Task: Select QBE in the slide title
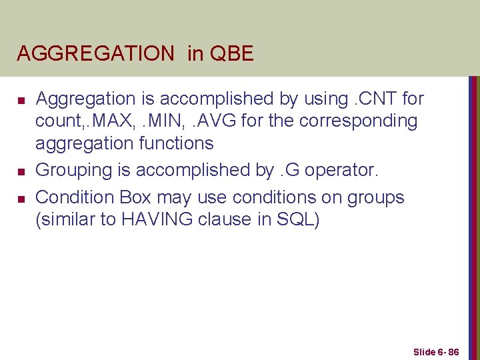(231, 53)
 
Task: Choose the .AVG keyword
(203, 121)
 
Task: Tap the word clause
(237, 219)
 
